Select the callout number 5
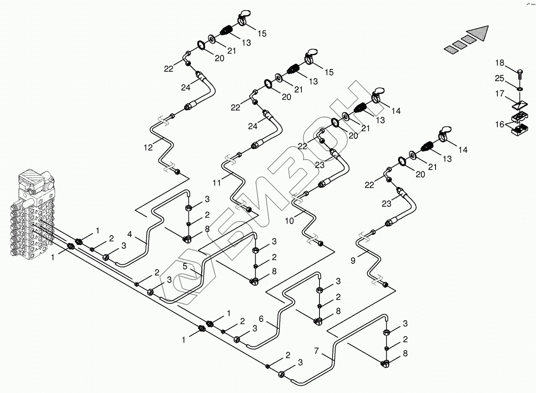185,266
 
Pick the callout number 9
353,260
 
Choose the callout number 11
217,183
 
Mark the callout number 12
148,147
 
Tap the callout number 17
499,94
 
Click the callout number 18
499,63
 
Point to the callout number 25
499,78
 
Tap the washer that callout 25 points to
520,89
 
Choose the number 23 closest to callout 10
319,165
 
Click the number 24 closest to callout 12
186,87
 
